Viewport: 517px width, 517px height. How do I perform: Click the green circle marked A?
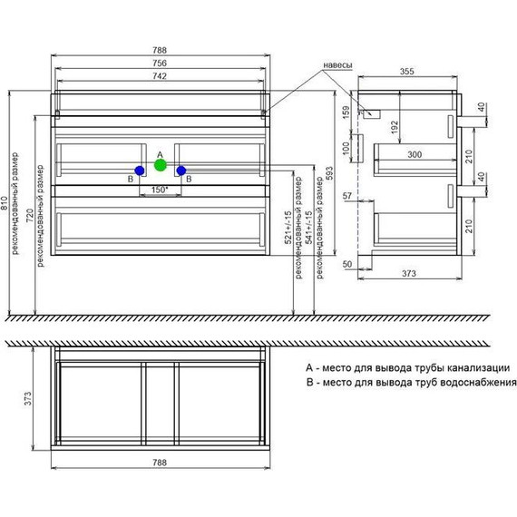coord(161,165)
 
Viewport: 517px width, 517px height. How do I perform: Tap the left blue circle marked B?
coord(140,171)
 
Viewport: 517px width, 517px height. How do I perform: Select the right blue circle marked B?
coord(181,171)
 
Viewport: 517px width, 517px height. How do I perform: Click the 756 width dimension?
coord(160,63)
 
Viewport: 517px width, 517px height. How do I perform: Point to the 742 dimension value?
coord(160,76)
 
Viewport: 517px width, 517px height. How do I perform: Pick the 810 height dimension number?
coord(5,203)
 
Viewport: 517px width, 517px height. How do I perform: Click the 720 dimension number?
coord(30,215)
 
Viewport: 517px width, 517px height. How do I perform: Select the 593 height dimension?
coord(329,173)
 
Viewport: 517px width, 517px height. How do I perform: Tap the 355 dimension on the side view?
coord(407,72)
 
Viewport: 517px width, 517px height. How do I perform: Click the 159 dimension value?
coord(346,112)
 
